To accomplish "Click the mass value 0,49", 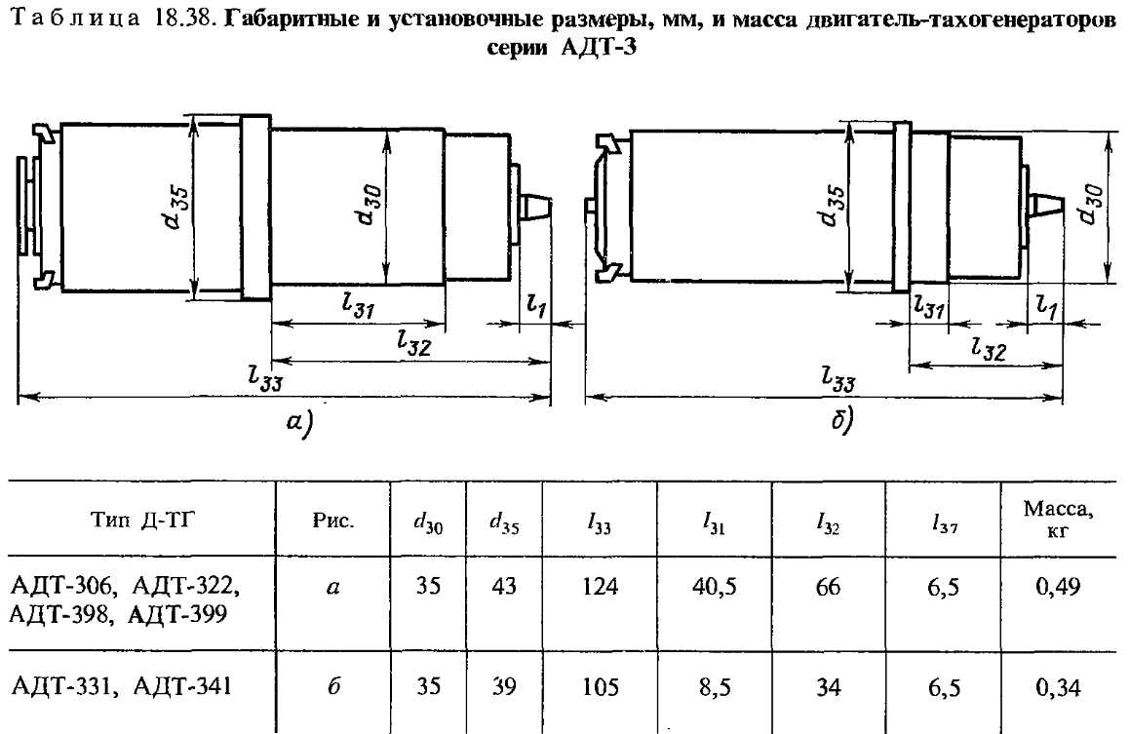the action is click(x=1058, y=587).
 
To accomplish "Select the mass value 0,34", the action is click(x=1058, y=687).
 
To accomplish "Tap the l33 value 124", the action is click(x=601, y=587).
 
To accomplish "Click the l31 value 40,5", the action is click(x=715, y=587).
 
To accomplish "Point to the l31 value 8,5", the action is click(x=715, y=687).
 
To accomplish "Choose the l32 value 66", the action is click(x=828, y=587).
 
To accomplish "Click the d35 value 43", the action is click(x=504, y=587).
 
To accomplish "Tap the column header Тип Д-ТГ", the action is click(x=143, y=520).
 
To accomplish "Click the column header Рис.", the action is click(x=333, y=521).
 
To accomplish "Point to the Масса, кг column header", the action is click(x=1058, y=520).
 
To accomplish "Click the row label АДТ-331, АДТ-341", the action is click(x=122, y=685).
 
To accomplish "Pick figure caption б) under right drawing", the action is click(x=840, y=420).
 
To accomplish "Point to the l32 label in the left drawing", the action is click(x=413, y=342).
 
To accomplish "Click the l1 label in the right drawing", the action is click(x=1046, y=307).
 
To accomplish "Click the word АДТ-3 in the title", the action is click(x=599, y=49).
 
